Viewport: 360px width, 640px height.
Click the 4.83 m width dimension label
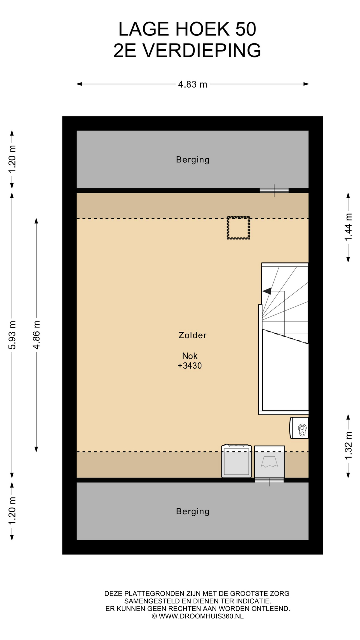tap(192, 84)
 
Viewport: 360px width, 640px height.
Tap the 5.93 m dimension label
tap(12, 335)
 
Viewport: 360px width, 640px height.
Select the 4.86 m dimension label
tap(36, 335)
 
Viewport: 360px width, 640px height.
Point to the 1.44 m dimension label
tap(348, 227)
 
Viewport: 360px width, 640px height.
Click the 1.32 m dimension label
tap(348, 446)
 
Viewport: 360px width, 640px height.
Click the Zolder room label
tap(193, 335)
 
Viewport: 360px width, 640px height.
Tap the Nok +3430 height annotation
tap(190, 361)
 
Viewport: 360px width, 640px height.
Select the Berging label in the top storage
tap(193, 160)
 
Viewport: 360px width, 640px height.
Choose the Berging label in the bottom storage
tap(193, 511)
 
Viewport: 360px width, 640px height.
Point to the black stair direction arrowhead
tap(267, 291)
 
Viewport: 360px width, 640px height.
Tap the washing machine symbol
tap(236, 461)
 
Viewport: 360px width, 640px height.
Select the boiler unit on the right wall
tap(299, 428)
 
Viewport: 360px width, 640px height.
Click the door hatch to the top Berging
tap(274, 191)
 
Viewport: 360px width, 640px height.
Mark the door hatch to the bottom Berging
tap(269, 480)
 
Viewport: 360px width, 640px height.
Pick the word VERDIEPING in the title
tap(202, 51)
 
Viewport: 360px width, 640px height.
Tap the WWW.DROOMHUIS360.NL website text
tap(201, 616)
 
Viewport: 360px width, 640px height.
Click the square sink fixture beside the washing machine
tap(269, 462)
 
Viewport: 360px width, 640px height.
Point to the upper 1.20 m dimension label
tap(12, 159)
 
